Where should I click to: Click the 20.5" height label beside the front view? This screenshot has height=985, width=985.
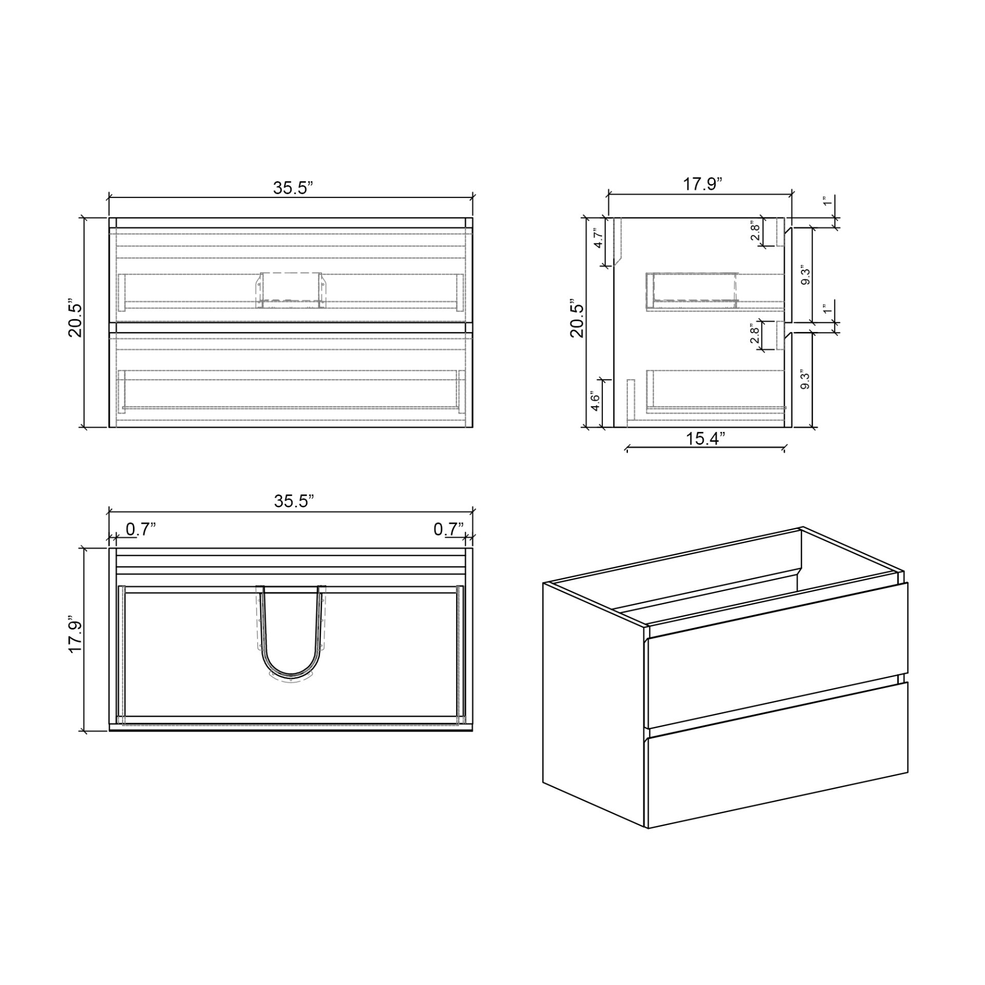click(75, 320)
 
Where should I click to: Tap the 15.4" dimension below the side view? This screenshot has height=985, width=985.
click(706, 439)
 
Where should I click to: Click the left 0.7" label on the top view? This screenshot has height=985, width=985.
click(141, 529)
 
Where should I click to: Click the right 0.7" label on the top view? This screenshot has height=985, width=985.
click(448, 529)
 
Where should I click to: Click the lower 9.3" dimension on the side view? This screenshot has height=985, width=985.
click(805, 380)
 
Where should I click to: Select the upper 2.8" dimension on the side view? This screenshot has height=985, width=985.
click(755, 232)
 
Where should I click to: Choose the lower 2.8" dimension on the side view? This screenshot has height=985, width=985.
click(755, 335)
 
